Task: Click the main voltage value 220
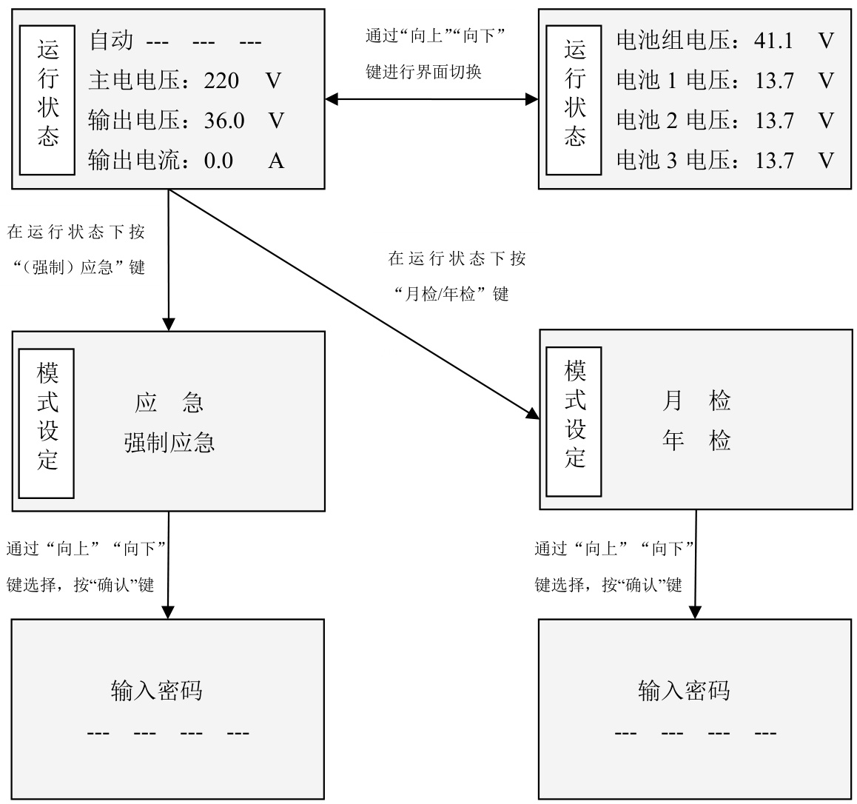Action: [x=221, y=79]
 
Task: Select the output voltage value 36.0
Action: [x=224, y=120]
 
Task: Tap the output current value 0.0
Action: [x=218, y=160]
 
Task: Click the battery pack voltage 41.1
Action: [x=773, y=40]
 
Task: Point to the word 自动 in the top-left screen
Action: [x=111, y=40]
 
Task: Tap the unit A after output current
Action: [x=276, y=160]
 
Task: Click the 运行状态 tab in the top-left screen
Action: [x=47, y=99]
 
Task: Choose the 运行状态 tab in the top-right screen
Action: [x=574, y=99]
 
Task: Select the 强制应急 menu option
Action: [x=169, y=443]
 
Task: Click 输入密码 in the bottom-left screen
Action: [x=156, y=691]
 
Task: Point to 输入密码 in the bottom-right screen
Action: [x=684, y=691]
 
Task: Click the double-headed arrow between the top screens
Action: [x=431, y=98]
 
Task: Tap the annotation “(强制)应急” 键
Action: [x=77, y=267]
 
